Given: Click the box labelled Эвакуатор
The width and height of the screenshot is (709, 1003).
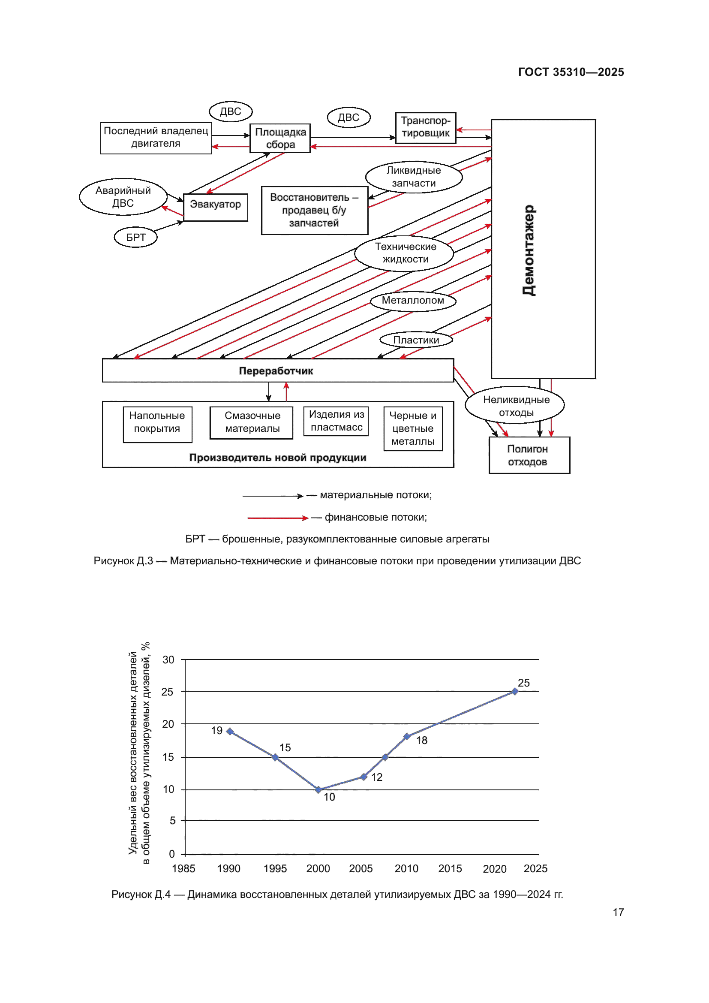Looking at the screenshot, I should tap(216, 208).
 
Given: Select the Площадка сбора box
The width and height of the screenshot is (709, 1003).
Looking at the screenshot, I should tap(280, 139).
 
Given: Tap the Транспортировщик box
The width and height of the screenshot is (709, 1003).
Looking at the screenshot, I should tap(426, 127).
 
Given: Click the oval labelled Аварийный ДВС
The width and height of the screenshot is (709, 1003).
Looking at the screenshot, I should tap(123, 196).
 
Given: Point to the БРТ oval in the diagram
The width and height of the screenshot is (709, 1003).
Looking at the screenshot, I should tap(136, 238).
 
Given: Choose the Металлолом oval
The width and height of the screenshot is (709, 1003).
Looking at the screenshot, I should tap(413, 301).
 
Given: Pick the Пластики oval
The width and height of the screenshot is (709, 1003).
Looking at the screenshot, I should tap(416, 340).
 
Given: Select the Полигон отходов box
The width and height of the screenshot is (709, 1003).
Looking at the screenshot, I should tap(529, 455).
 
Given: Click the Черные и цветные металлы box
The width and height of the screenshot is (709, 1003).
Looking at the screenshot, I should tap(413, 428).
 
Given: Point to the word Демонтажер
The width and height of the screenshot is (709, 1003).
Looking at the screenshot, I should tap(529, 250).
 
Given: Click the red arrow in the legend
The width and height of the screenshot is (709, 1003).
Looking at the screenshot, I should tap(278, 518).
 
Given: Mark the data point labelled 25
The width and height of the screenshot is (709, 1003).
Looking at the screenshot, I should tap(515, 692).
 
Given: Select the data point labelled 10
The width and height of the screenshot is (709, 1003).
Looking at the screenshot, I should tap(318, 789).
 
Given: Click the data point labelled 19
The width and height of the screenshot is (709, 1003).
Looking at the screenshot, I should tap(230, 731).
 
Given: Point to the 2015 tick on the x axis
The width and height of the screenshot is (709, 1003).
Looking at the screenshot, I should tap(450, 868).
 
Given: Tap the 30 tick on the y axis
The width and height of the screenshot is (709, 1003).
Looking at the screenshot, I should tap(168, 660).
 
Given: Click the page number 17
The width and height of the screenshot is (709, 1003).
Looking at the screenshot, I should tap(618, 912).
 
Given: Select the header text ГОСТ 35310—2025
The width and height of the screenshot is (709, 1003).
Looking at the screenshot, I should tap(571, 72).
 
